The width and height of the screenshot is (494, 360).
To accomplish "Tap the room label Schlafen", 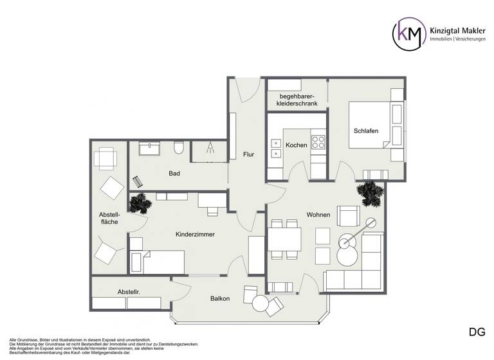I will pos(365,131).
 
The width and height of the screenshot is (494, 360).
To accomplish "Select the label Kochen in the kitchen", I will pos(296,145).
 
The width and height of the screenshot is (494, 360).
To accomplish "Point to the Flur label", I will pos(249,154).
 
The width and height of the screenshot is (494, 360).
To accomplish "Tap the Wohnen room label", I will pos(318,215).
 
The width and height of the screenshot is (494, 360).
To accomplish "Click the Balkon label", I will pos(221,299).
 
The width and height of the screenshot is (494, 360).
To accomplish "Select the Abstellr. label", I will pos(129,292).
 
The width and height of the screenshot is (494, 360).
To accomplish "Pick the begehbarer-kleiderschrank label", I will pos(297,100).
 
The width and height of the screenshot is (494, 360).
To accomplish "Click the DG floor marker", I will pos(477,332).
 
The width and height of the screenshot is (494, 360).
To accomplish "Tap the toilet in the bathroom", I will pos(179,149).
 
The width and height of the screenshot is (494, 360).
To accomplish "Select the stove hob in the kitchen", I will pos(318,141).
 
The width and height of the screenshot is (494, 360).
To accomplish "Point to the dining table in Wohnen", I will pos(284,239).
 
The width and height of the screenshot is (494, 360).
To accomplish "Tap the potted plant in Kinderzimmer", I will pos(140,204).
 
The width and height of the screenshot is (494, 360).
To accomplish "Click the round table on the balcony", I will pos(261,302).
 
